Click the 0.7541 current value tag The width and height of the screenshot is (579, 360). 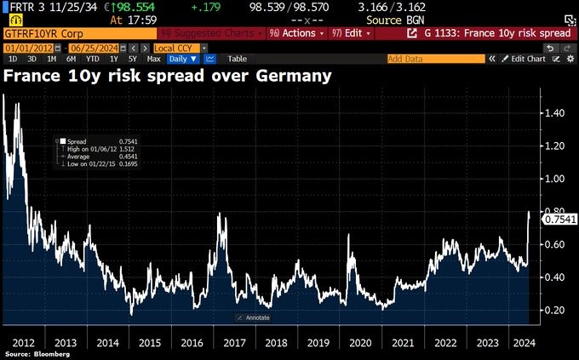coord(559,219)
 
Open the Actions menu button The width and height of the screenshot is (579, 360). coord(297,33)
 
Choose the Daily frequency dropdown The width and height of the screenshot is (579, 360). coord(182,60)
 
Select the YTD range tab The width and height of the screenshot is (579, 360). coord(93,60)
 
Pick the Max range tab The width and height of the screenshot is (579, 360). coord(153,60)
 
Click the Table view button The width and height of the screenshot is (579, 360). coord(237,60)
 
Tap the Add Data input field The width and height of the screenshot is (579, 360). coord(434,60)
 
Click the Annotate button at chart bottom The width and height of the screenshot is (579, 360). coord(255,317)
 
